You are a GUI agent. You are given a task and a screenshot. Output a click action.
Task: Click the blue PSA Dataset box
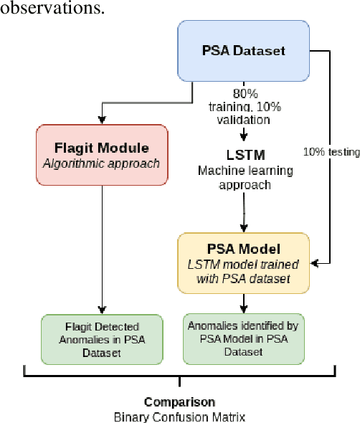244,50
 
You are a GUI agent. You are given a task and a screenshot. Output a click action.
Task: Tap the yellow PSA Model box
244,262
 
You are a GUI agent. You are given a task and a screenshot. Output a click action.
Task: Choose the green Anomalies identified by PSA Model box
244,338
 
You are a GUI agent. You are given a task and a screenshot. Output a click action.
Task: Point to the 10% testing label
331,152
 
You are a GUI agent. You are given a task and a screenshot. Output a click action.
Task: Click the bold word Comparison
179,401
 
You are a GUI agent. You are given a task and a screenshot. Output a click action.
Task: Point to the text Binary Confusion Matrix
179,415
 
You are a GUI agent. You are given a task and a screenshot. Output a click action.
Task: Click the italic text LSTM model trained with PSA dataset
244,271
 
